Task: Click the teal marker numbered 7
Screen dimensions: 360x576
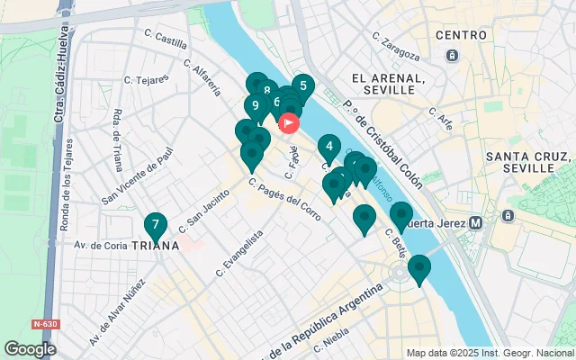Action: point(156,225)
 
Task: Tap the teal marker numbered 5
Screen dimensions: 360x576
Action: point(302,87)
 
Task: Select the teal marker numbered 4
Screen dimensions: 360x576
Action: point(328,147)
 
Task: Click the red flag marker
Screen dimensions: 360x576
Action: point(289,123)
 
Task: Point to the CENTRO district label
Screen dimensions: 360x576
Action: point(462,35)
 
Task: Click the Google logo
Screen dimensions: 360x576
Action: point(30,348)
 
